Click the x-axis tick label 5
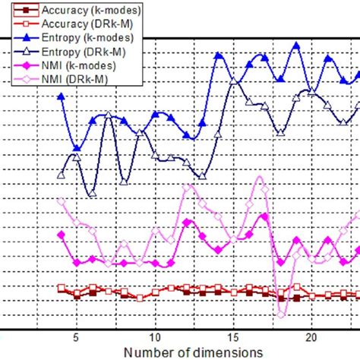(76, 336)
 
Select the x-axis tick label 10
(154, 336)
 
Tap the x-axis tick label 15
(232, 336)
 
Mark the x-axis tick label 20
(311, 336)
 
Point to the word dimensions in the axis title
(224, 352)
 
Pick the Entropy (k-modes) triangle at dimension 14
(218, 55)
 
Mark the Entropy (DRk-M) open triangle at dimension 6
(92, 194)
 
